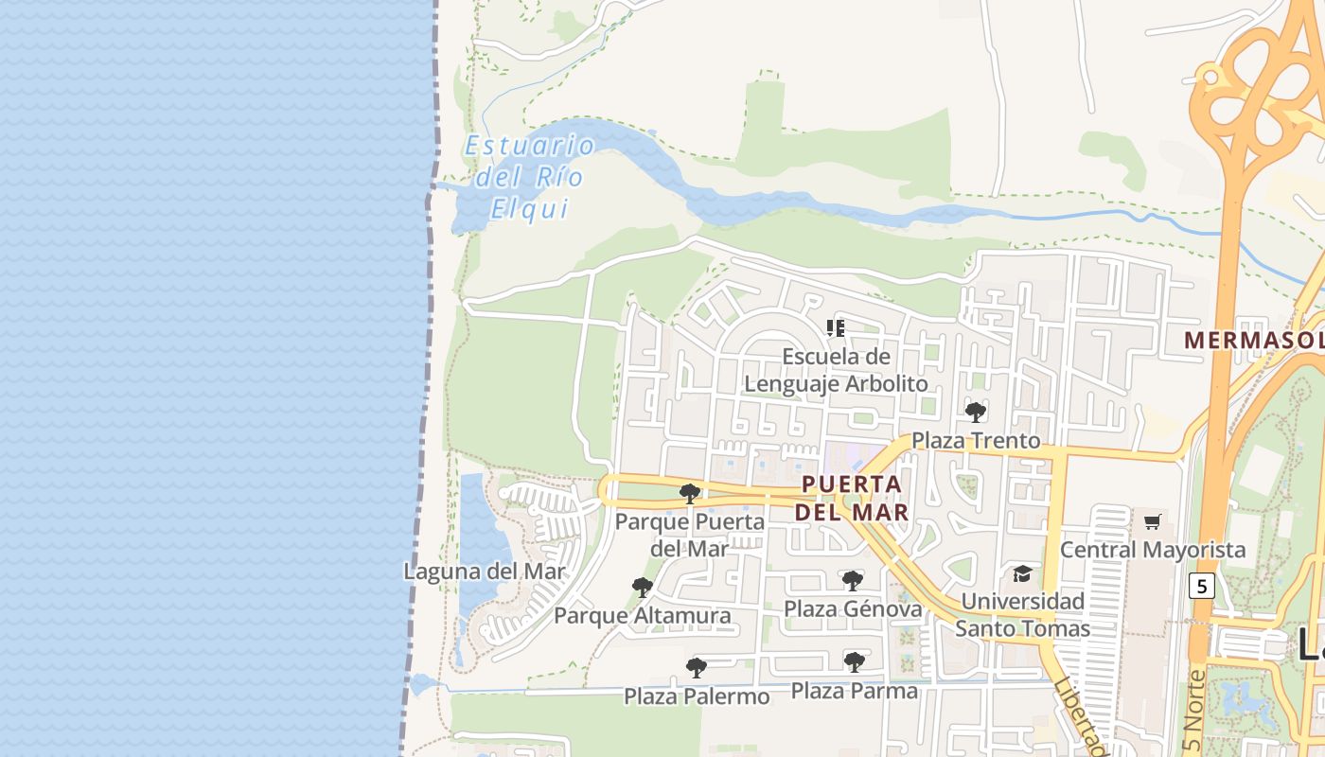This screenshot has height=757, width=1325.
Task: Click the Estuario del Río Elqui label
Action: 529,177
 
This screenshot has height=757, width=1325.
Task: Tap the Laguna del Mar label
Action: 484,572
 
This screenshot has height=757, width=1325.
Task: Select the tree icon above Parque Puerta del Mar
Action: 690,493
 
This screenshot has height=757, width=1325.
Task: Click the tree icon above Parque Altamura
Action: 643,588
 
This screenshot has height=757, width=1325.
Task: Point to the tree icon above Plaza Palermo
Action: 697,668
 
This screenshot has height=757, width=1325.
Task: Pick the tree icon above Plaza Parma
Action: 855,662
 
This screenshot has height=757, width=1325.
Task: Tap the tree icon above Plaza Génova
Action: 853,580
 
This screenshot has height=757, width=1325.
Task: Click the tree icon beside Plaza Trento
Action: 976,412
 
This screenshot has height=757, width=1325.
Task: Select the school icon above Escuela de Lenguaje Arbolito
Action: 835,328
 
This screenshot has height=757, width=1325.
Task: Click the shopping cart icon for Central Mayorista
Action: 1152,521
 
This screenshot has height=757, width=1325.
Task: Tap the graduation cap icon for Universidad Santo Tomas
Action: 1022,573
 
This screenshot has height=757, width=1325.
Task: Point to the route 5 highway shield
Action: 1201,586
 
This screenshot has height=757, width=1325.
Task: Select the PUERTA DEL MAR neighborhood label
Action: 852,498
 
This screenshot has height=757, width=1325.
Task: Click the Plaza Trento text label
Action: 976,441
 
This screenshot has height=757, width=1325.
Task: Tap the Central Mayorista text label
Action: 1153,550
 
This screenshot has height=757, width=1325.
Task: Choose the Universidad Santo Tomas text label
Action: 1022,615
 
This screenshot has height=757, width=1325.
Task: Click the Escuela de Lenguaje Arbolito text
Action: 836,370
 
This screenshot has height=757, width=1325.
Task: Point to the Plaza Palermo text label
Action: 697,696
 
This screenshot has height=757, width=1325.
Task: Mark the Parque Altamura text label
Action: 643,616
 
